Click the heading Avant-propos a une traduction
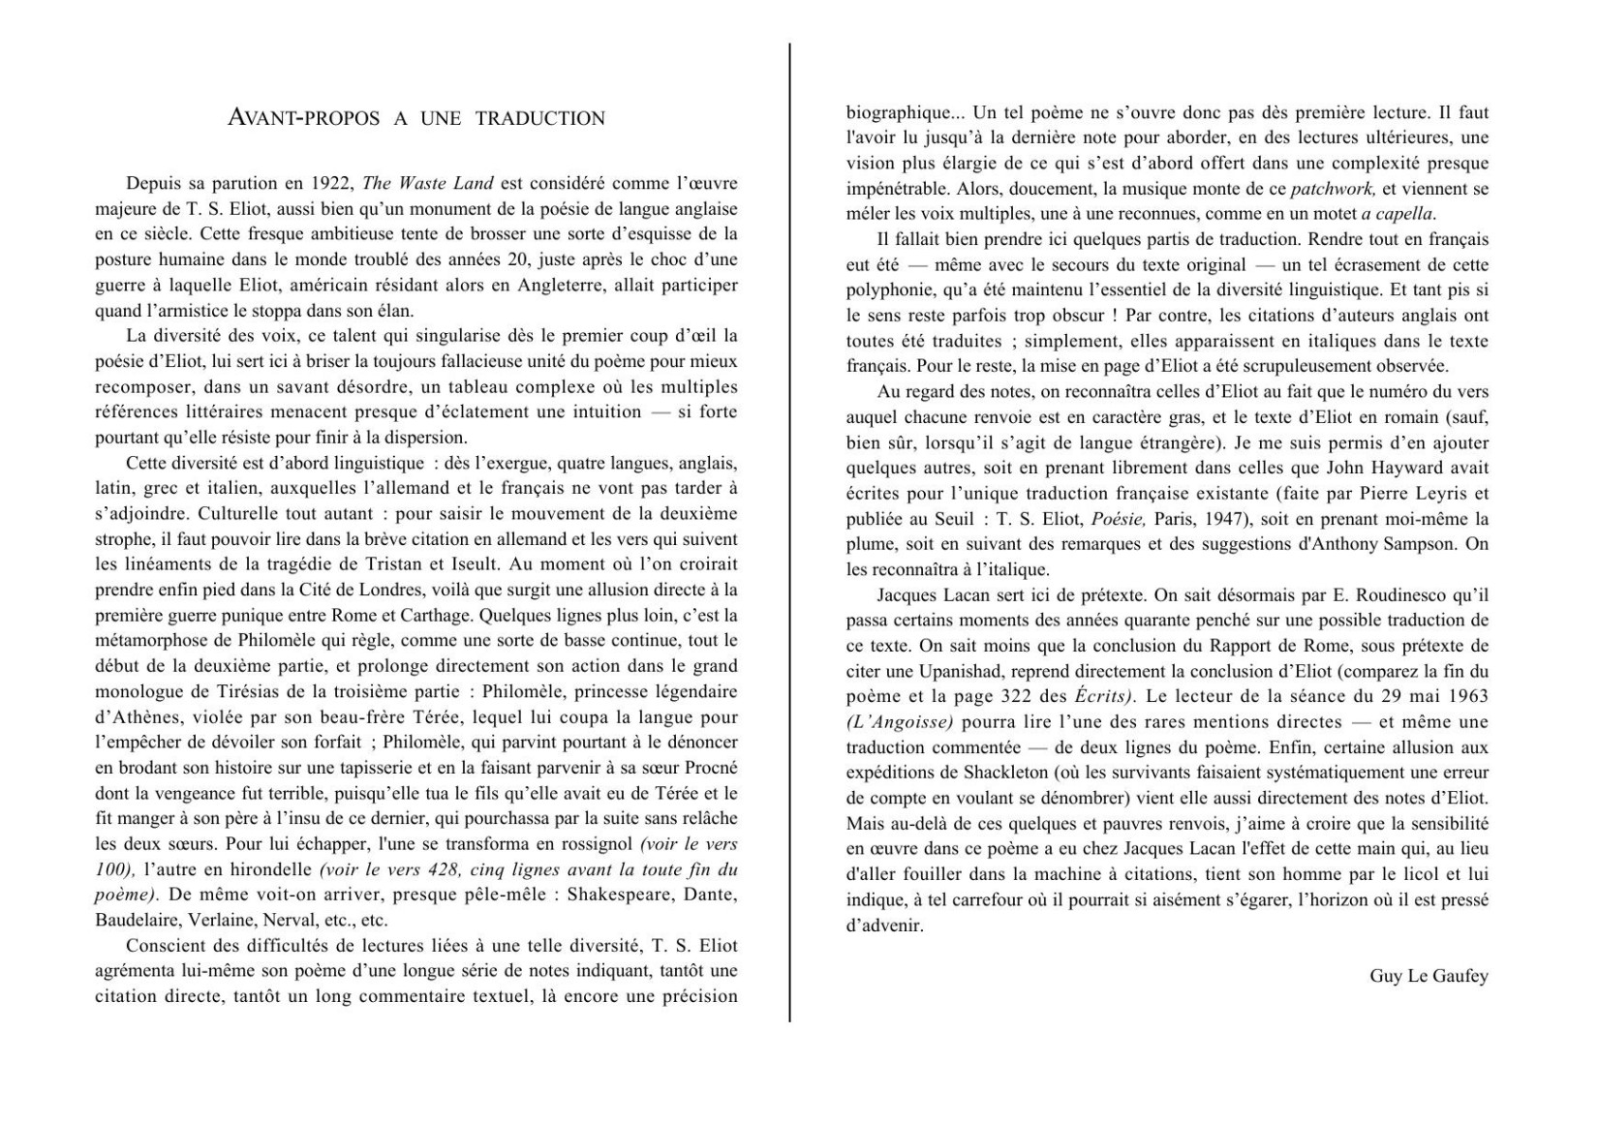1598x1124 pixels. coord(415,118)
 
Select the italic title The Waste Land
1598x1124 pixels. coord(428,183)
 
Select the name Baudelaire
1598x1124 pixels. coord(134,920)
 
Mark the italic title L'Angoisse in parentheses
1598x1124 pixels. coord(900,722)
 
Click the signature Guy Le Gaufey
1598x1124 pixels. coord(1429,976)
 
